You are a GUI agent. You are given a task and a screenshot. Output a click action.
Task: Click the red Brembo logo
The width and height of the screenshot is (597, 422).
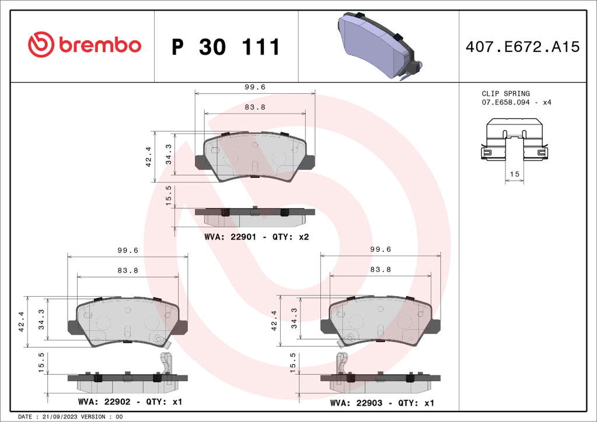tap(85, 44)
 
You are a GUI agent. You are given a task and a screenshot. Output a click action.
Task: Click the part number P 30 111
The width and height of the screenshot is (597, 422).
tap(226, 47)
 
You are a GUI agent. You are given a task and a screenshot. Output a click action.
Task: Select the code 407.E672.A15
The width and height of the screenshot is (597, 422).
tap(522, 47)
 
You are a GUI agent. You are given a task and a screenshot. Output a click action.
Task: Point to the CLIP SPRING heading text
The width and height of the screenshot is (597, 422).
tap(505, 93)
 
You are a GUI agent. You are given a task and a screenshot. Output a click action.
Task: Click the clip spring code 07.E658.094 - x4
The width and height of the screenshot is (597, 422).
tap(516, 102)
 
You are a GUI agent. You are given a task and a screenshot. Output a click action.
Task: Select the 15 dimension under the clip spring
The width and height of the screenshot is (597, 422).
tap(514, 174)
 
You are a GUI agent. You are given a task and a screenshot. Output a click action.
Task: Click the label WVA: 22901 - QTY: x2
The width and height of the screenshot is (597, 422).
tap(257, 237)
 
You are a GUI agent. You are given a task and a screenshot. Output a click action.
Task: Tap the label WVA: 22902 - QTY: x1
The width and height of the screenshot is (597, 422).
tap(130, 402)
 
